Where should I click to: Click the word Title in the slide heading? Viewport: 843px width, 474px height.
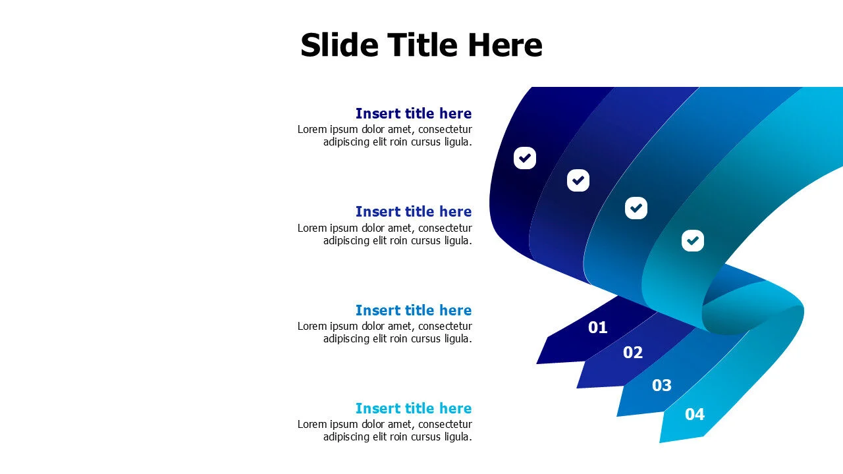click(x=422, y=45)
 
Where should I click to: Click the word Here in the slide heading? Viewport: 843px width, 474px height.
click(x=505, y=45)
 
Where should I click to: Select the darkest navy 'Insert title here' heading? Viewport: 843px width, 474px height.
click(x=413, y=113)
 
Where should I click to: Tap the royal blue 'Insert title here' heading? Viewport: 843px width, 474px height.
click(x=413, y=211)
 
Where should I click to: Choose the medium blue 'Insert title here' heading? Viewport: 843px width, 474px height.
click(x=413, y=310)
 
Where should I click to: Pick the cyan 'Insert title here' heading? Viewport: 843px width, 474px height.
click(x=413, y=408)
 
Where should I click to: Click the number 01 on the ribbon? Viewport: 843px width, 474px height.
click(x=597, y=327)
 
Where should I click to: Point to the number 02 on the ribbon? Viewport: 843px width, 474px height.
click(x=632, y=352)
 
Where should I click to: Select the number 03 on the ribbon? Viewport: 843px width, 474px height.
click(x=661, y=385)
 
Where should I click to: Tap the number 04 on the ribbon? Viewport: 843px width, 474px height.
click(x=694, y=414)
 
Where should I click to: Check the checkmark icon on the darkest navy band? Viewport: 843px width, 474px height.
click(x=525, y=158)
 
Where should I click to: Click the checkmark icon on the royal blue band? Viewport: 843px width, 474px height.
click(x=578, y=180)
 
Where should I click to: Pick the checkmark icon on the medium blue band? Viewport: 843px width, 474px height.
click(x=636, y=208)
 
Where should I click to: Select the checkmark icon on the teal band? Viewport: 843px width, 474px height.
click(x=692, y=240)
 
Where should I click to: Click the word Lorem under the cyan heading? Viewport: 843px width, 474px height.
click(x=312, y=425)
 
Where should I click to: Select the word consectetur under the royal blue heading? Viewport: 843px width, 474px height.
click(x=445, y=228)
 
